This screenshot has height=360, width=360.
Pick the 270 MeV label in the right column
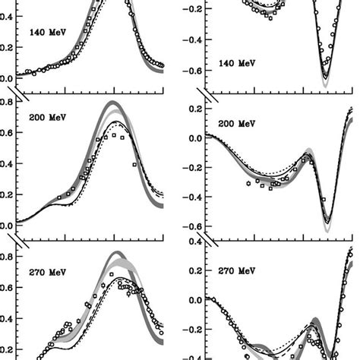pyautogui.click(x=232, y=268)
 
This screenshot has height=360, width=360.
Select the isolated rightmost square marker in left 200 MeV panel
pyautogui.click(x=134, y=164)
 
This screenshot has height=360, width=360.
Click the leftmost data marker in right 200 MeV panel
pyautogui.click(x=248, y=183)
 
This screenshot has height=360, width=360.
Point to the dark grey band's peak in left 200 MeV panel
pyautogui.click(x=114, y=103)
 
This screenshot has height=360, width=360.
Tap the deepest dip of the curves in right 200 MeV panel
pyautogui.click(x=324, y=226)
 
